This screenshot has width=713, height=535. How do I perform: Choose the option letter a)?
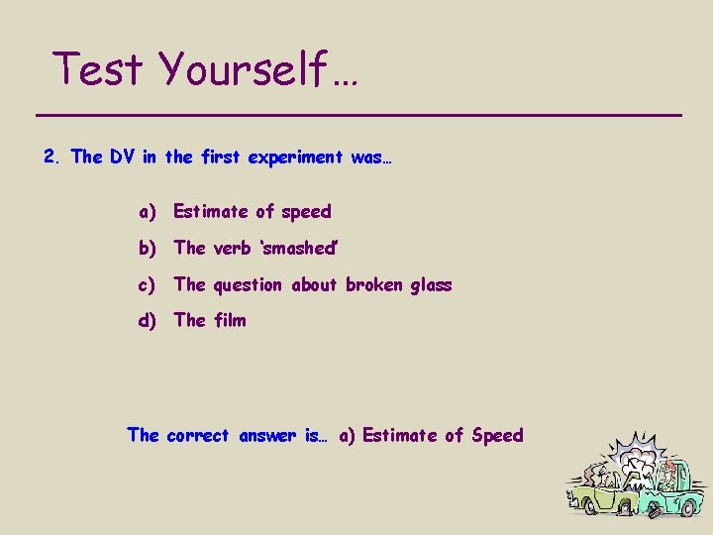148,211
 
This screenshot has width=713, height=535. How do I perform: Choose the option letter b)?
148,248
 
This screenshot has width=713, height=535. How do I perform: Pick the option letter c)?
148,284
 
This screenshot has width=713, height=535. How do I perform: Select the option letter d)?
148,320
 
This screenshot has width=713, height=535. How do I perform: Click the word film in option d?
229,320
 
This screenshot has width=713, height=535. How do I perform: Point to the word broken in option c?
372,284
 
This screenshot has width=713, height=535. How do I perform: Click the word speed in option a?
306,211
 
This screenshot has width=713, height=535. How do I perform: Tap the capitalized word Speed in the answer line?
497,435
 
